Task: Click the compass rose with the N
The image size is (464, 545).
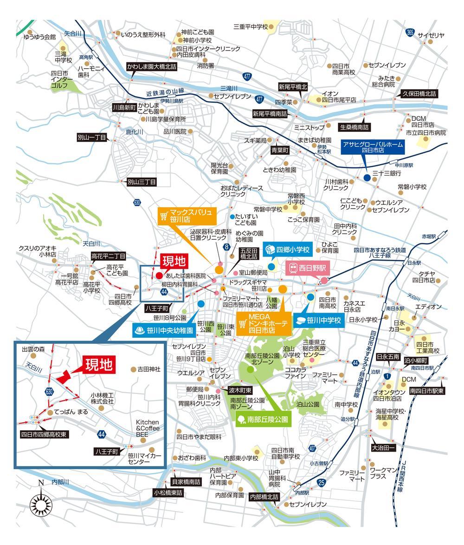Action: [x=41, y=503]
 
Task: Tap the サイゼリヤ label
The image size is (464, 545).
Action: [x=431, y=35]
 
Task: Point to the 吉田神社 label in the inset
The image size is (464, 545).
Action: [x=148, y=369]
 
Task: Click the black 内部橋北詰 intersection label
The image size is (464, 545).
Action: [x=264, y=496]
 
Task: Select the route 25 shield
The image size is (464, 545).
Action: [x=322, y=484]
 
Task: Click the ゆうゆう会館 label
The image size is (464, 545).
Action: [x=39, y=36]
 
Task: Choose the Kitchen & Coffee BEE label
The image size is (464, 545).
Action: [x=148, y=427]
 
